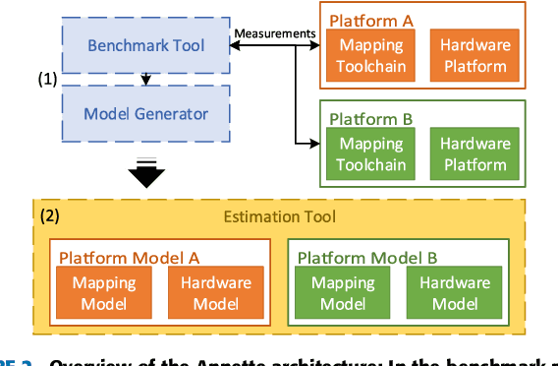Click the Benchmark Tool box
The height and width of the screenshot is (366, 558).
145,46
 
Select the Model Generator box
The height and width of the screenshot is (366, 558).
145,113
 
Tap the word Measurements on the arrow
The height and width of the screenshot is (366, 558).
275,34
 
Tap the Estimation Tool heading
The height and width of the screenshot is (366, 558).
292,215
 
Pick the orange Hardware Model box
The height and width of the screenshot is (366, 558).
215,293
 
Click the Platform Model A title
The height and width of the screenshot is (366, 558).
130,257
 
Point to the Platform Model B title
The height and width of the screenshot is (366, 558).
367,257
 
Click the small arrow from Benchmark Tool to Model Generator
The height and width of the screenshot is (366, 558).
145,79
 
